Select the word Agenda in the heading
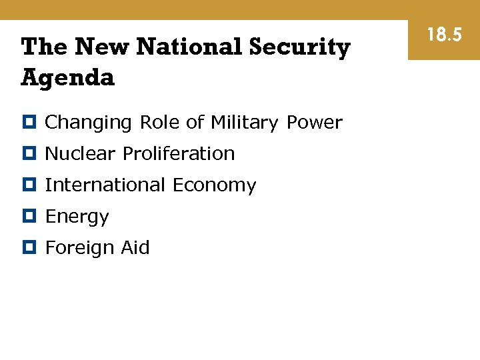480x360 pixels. (68, 79)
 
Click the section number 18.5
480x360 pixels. (444, 35)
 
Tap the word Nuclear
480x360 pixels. (81, 153)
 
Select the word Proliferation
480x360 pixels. (179, 153)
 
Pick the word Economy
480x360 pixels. (214, 185)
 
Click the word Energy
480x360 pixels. (77, 217)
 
